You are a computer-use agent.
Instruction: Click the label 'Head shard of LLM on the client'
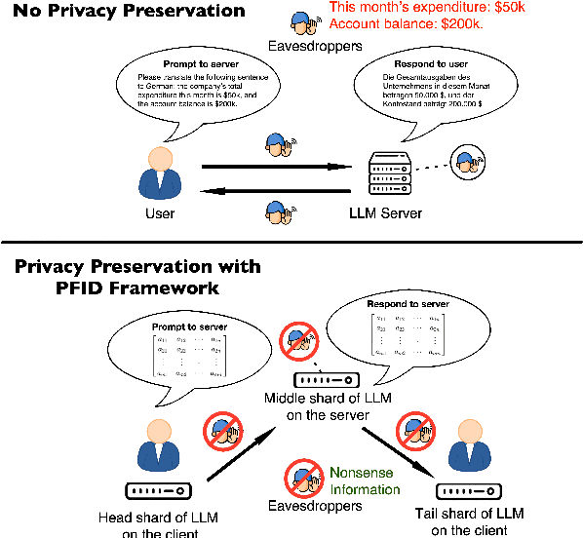coord(153,523)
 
